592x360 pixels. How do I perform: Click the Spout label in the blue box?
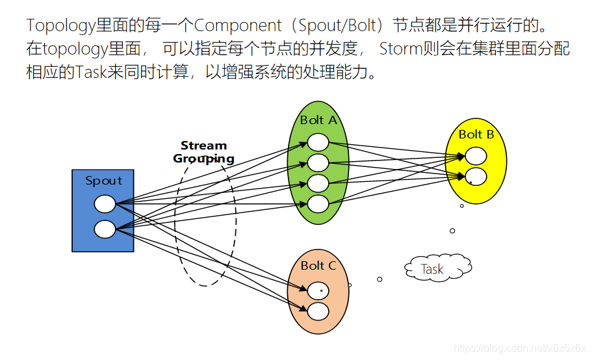103,181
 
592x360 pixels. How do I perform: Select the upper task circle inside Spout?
105,204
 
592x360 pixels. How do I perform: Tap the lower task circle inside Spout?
105,229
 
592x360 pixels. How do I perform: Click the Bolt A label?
318,120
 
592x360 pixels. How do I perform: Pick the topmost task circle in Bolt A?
318,142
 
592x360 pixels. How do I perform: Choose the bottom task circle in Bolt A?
318,204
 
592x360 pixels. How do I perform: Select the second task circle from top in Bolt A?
318,162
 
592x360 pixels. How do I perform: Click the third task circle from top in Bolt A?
318,183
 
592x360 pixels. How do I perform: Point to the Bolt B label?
476,135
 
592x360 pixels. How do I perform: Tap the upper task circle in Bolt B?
476,156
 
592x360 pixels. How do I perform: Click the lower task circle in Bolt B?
476,176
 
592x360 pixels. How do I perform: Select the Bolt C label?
318,266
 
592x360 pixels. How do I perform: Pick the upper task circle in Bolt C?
318,290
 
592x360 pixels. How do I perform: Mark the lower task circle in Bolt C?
318,311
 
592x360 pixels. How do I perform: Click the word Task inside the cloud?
432,269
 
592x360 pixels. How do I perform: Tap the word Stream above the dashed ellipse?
203,146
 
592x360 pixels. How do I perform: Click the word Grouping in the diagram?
203,159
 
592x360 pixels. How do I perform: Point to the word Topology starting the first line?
60,26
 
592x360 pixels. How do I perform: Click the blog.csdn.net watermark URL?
520,348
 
